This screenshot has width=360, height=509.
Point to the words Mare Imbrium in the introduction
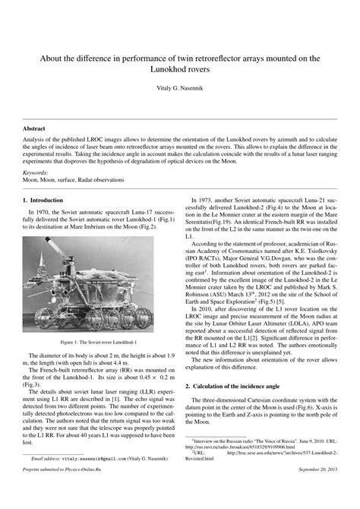point(102,227)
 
